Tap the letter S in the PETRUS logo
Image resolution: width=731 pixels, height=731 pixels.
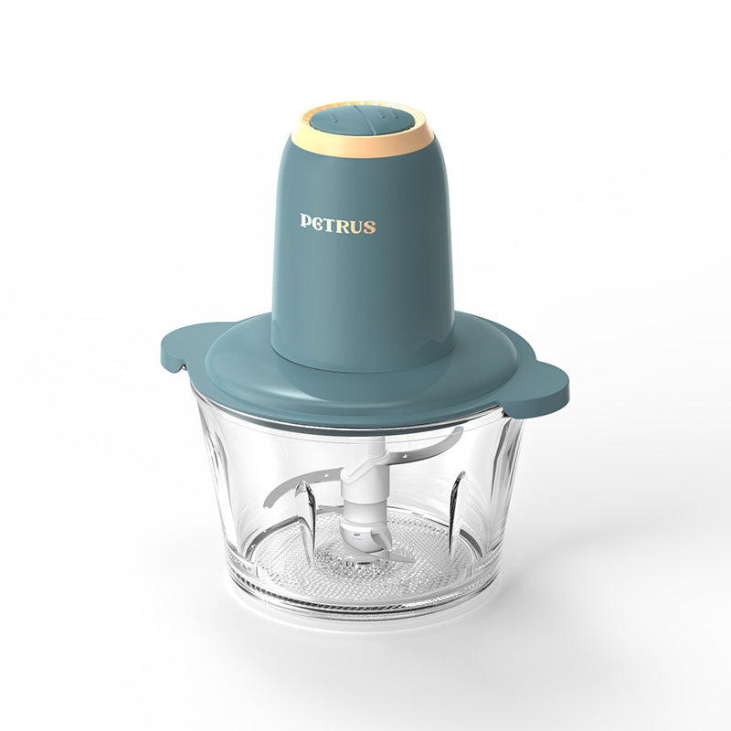(x=368, y=227)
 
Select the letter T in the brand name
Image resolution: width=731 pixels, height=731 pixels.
(x=331, y=224)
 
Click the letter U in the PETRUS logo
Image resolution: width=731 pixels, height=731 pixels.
(x=356, y=226)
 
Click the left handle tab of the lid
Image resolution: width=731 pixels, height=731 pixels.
(x=185, y=347)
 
